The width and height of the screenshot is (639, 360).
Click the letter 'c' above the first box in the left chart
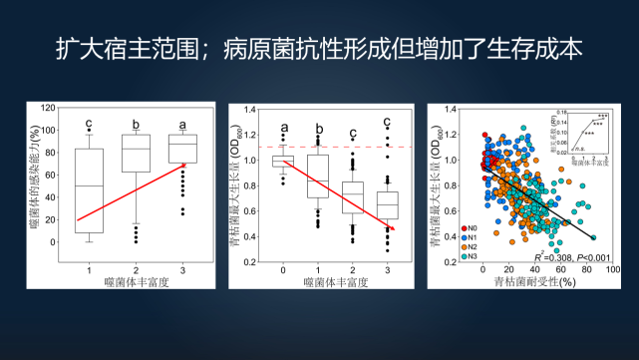88,126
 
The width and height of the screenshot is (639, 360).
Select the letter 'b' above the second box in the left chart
135,126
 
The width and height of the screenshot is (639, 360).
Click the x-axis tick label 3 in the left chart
181,269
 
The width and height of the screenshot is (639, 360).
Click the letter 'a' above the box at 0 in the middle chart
284,127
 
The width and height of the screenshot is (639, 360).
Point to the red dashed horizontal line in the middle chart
339,147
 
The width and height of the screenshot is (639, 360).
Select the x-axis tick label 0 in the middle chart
283,269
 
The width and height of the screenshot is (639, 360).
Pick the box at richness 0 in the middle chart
283,161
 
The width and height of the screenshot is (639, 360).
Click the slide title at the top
319,49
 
